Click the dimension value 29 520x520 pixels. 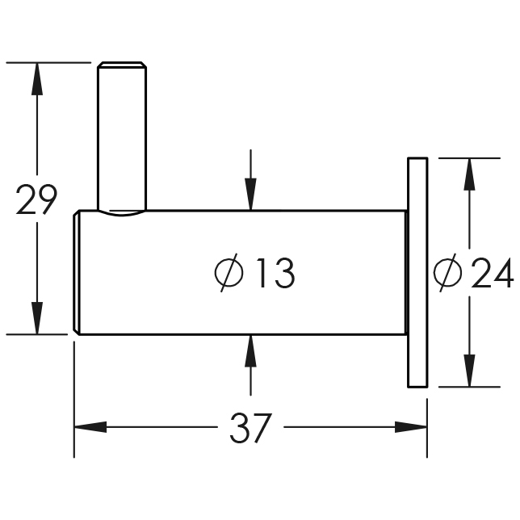(x=36, y=199)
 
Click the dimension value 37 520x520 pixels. (x=250, y=427)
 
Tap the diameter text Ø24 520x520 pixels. (x=472, y=275)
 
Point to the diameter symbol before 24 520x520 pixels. (x=447, y=275)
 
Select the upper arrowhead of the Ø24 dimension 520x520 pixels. (x=467, y=174)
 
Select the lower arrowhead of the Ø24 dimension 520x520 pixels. (x=467, y=371)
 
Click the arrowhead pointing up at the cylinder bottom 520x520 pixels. (x=251, y=349)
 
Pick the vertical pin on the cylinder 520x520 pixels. (x=122, y=137)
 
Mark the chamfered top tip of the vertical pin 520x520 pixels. (x=122, y=65)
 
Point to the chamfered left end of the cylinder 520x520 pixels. (x=78, y=272)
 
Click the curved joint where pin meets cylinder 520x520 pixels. (x=122, y=214)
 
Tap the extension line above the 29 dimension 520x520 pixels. (x=48, y=62)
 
